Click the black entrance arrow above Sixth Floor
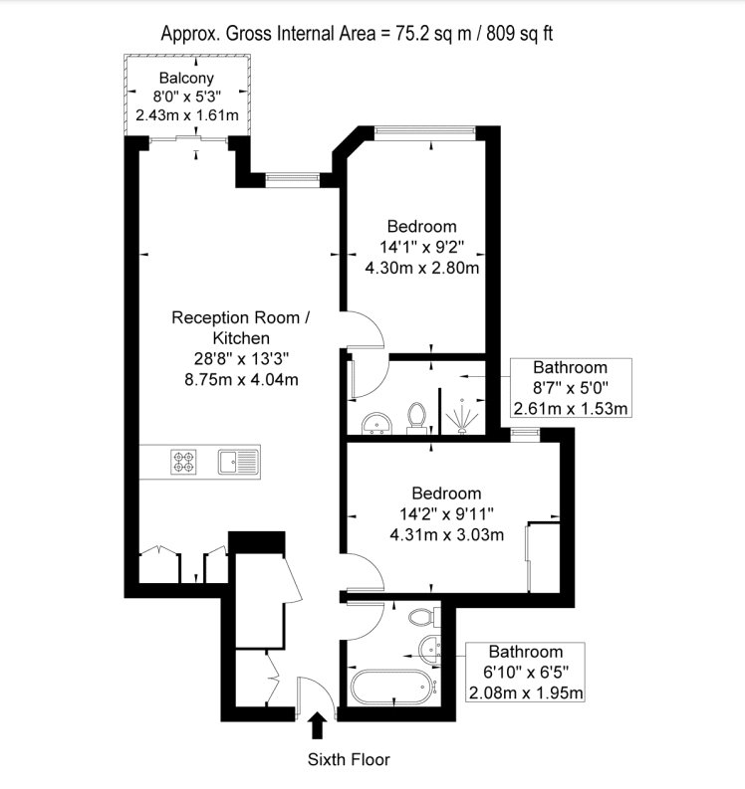click(317, 725)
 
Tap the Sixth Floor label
click(349, 759)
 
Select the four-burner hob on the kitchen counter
click(183, 462)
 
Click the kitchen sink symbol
click(239, 462)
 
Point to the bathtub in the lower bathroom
click(390, 687)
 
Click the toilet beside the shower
click(416, 418)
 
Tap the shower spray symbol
click(461, 416)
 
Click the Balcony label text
click(186, 78)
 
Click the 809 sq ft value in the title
click(519, 34)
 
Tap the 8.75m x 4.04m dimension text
click(241, 379)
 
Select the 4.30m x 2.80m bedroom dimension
click(422, 268)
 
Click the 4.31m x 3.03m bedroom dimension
click(447, 534)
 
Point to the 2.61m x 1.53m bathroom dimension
click(571, 408)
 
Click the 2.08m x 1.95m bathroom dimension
click(526, 692)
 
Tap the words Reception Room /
click(241, 317)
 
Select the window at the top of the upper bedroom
click(425, 130)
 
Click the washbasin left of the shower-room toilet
click(376, 423)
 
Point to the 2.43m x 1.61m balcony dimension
click(187, 114)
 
